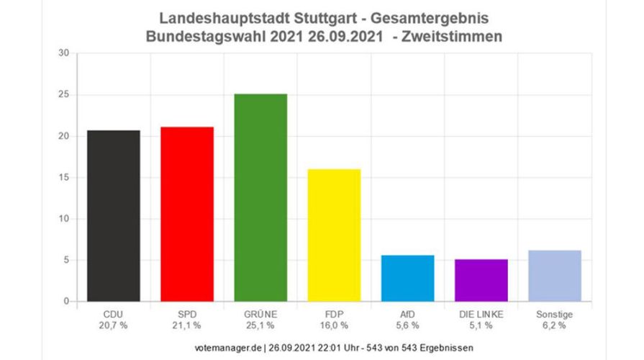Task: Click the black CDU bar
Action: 114,216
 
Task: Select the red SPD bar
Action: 186,214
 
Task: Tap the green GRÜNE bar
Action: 260,197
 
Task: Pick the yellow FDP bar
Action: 334,235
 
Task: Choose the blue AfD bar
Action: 407,278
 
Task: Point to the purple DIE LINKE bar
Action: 481,280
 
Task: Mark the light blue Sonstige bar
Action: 554,276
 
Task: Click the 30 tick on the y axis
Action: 63,53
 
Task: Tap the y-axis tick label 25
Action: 63,95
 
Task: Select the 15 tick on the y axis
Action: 63,178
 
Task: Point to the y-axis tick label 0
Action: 65,302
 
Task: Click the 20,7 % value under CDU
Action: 113,325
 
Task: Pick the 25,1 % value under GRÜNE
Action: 260,325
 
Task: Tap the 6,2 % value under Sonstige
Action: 554,325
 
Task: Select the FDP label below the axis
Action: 334,313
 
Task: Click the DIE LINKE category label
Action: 481,313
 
